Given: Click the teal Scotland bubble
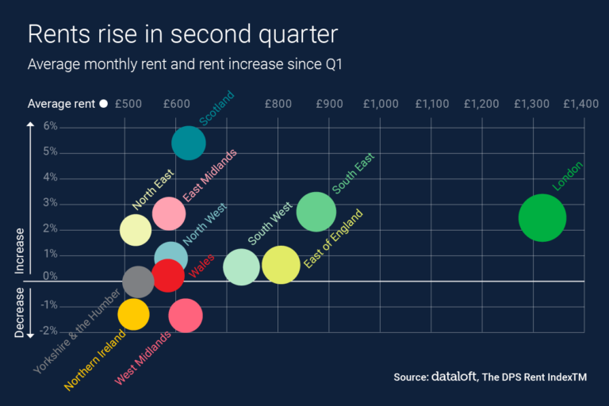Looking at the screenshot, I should (189, 144).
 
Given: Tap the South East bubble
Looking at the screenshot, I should (316, 212).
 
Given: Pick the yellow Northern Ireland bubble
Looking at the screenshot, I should (133, 314).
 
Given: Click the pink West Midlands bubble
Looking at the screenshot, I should (186, 316).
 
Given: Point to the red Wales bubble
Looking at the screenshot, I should (168, 275).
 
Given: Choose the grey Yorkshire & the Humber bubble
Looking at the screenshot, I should (138, 281).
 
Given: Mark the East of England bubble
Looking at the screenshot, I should (281, 265).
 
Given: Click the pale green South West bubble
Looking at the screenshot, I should (241, 267).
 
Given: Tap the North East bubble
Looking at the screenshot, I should (136, 230).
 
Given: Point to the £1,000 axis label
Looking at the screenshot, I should (381, 104).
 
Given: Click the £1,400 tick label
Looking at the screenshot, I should (581, 104).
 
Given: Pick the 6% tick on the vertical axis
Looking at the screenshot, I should (51, 126).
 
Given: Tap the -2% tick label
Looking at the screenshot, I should (49, 331).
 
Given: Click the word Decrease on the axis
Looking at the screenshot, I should (21, 312).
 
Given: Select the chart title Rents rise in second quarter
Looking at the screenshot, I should (182, 35).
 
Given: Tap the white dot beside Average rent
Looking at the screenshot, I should (103, 104).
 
